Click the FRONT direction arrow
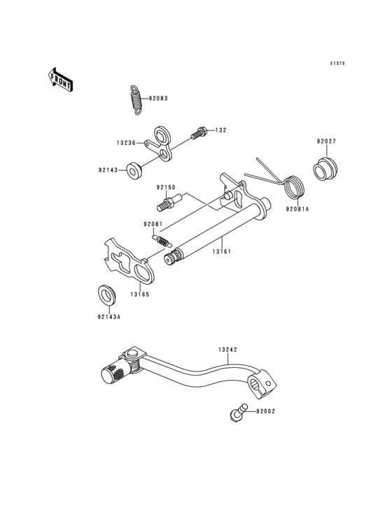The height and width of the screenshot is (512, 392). coord(61,80)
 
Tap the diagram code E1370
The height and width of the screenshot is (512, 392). coord(338,63)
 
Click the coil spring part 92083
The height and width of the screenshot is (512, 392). coord(136,99)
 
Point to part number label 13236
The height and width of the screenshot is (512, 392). coord(127,142)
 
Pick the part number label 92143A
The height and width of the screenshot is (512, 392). coord(109,316)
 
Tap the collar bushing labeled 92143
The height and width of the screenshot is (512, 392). coord(132,170)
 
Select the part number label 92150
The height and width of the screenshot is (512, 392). coord(166,187)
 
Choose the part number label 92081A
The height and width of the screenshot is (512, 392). coord(297,208)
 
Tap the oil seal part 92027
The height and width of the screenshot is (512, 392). coord(325,170)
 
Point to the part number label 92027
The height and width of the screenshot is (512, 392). coord(326,141)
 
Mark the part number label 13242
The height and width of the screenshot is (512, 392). coord(227,348)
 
